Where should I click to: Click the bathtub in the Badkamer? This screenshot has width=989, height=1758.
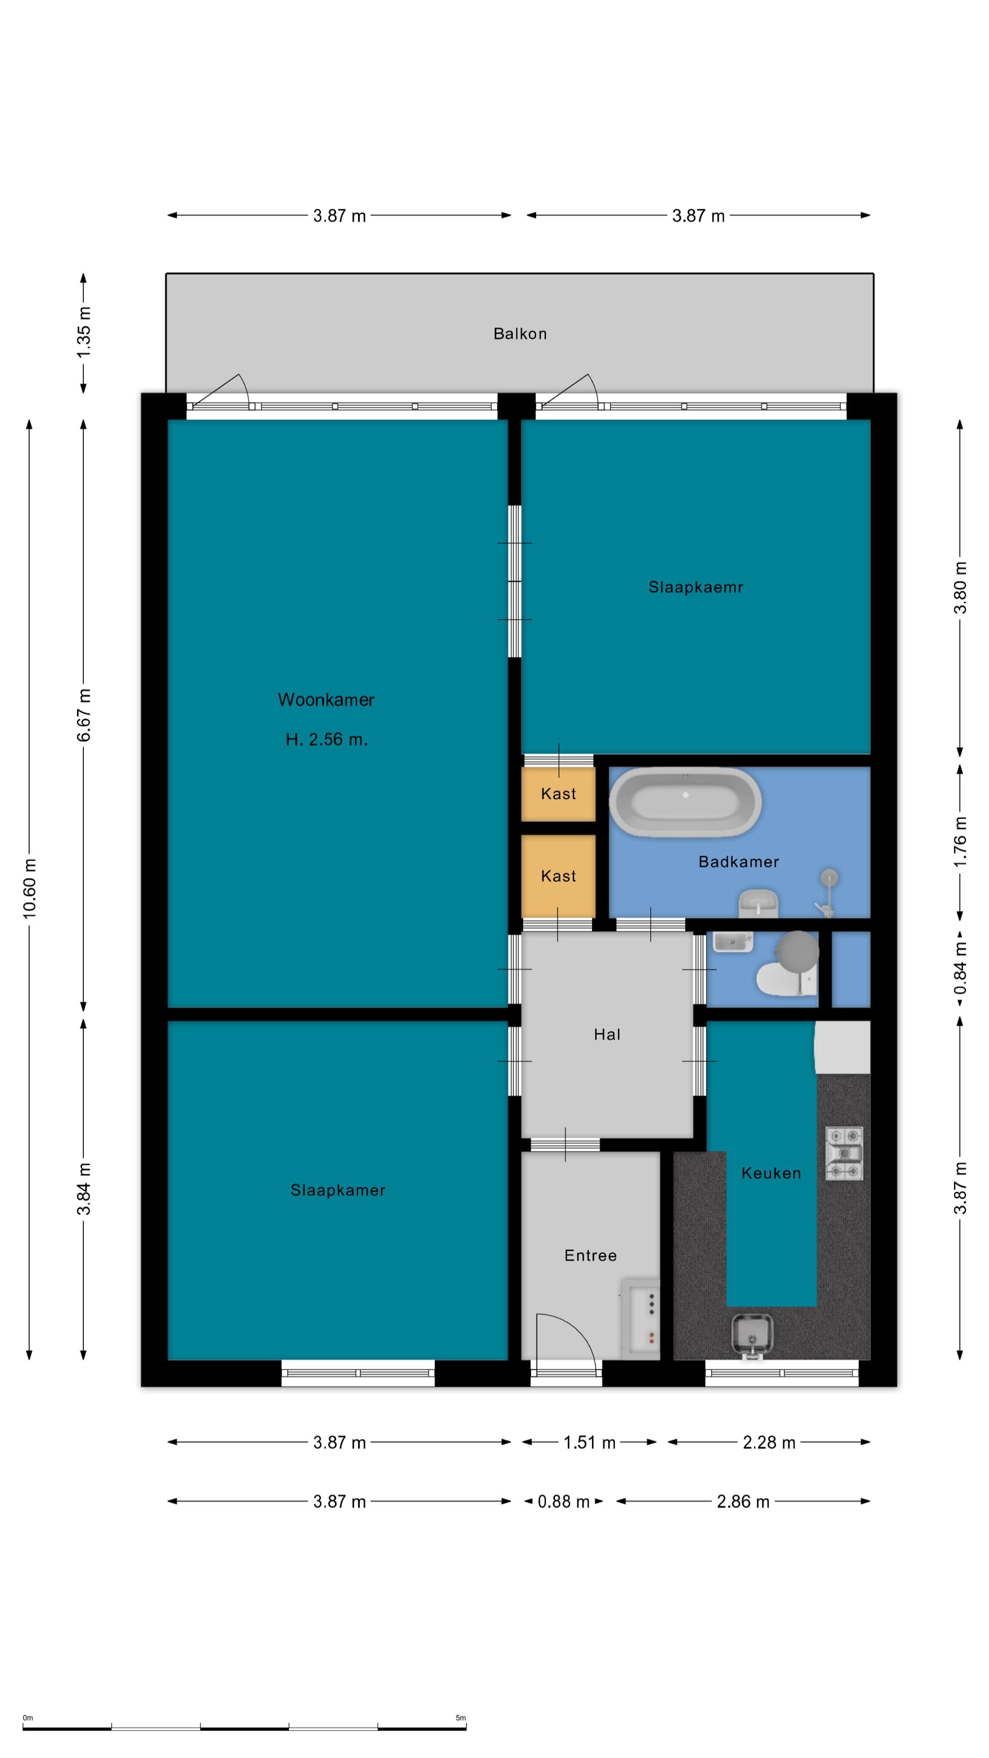pos(685,803)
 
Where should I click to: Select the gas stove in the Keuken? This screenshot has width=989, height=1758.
pos(844,1153)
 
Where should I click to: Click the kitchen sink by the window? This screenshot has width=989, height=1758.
pos(752,1333)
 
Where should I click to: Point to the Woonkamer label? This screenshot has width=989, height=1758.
pos(326,700)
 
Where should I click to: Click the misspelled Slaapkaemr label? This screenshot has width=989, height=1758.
pos(696,587)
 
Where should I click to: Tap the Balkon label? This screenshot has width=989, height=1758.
pos(520,334)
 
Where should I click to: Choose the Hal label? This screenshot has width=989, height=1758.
pos(607,1035)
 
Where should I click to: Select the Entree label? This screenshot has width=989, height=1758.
pos(590,1256)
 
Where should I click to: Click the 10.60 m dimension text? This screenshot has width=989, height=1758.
pos(29,889)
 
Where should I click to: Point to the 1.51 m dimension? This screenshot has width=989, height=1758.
pos(589,1443)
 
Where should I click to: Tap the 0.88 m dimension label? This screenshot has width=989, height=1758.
pos(563,1502)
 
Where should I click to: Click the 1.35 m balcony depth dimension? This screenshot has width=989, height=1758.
pos(83,333)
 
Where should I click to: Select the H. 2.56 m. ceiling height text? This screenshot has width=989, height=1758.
pos(326,739)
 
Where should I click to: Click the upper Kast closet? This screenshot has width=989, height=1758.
pos(558,794)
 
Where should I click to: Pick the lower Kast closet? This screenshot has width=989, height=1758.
pos(558,876)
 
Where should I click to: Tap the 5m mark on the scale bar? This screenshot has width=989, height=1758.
pos(461,1718)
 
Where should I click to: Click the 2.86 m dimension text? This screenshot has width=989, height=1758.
pos(743,1502)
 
